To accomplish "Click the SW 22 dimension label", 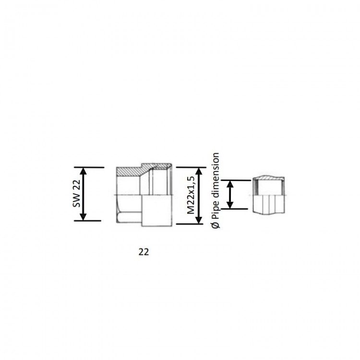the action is (77, 193).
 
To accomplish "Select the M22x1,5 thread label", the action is (191, 195).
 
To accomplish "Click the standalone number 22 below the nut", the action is (144, 252).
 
